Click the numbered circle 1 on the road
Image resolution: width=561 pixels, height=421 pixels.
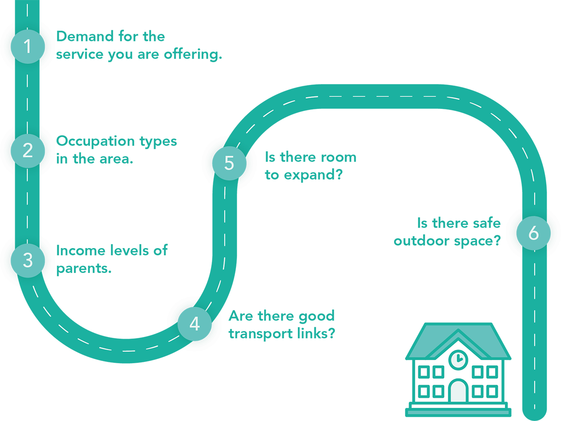pos(28,46)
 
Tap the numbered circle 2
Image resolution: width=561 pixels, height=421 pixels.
pos(28,150)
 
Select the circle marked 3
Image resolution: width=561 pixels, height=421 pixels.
pos(28,261)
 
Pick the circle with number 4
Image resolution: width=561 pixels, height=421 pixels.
pos(195,324)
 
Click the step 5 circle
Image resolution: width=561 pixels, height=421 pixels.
pos(229,163)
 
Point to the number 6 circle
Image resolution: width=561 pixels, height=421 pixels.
pos(533,233)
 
